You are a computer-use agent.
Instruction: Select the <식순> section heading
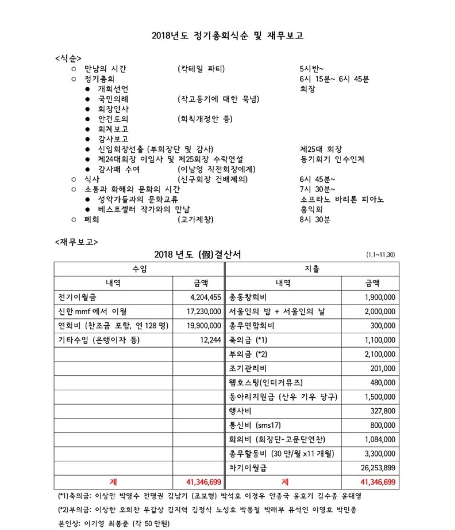point(68,59)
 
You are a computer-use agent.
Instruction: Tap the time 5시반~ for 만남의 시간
point(311,69)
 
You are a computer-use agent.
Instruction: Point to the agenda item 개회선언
point(113,89)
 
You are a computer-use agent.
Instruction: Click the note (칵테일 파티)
point(201,69)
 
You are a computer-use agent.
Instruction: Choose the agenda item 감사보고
point(113,139)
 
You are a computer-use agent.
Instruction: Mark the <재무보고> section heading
point(76,242)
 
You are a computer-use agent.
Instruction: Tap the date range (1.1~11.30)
point(380,255)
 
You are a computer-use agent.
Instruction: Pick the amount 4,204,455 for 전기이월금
point(205,297)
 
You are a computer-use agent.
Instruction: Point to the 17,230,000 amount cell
point(204,311)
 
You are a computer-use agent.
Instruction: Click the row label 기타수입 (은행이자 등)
point(99,340)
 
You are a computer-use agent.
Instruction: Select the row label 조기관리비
point(248,369)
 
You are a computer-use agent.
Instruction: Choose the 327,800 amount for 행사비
point(383,411)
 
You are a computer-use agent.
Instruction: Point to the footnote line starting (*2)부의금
point(207,510)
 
